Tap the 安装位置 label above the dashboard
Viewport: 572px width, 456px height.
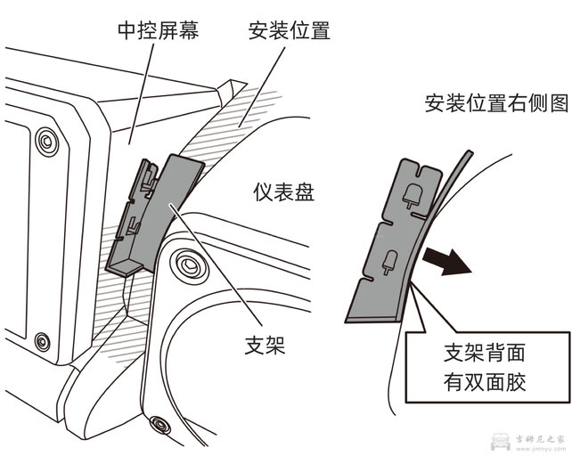pyautogui.click(x=289, y=32)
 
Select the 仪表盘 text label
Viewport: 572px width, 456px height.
pyautogui.click(x=282, y=191)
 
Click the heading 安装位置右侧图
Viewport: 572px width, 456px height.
pyautogui.click(x=496, y=103)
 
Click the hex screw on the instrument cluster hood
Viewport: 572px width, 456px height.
pyautogui.click(x=187, y=264)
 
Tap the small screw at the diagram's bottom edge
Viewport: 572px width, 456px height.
pyautogui.click(x=159, y=421)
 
